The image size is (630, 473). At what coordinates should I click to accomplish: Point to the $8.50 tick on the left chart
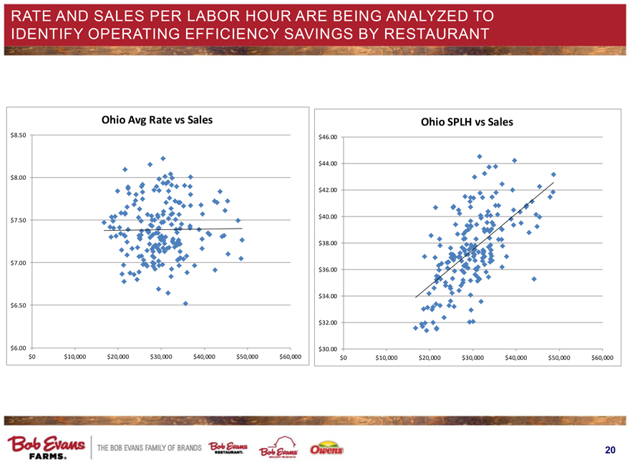(19, 135)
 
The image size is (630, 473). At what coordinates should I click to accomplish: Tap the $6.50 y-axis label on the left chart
(19, 305)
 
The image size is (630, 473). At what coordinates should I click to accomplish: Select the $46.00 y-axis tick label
(330, 137)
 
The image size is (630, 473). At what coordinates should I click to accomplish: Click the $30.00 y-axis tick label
(330, 349)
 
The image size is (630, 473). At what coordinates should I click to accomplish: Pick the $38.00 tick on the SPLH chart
(330, 243)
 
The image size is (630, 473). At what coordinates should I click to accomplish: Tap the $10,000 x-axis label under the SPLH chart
(386, 357)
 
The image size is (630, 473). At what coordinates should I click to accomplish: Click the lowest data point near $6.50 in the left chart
(185, 303)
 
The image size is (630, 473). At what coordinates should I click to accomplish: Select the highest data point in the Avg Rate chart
(163, 158)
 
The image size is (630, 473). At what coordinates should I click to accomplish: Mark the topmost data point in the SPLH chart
(480, 157)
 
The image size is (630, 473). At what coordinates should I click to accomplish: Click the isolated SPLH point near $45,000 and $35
(534, 279)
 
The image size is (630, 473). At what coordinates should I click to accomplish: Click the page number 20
(609, 450)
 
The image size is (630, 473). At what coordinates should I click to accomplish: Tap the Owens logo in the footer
(327, 450)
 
